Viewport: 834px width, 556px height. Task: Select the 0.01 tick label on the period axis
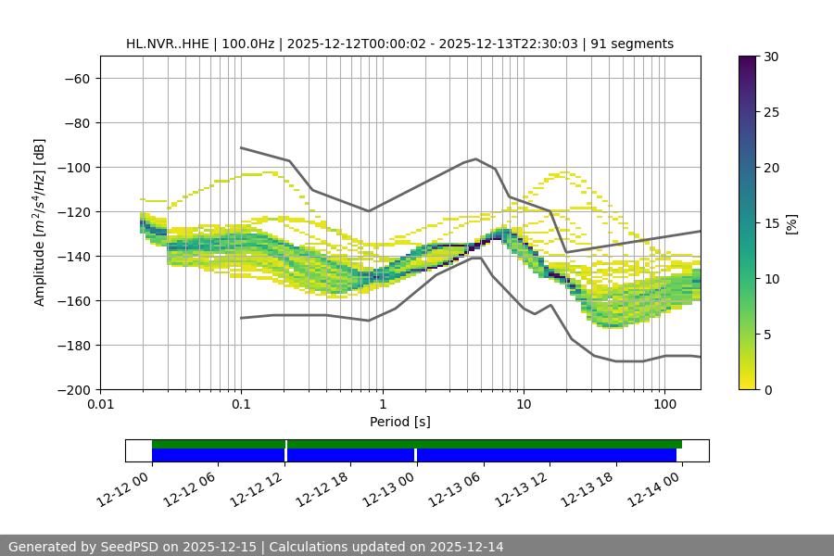[x=100, y=405]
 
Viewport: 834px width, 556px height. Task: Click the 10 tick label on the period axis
[x=524, y=405]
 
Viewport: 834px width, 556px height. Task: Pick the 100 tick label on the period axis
[x=664, y=405]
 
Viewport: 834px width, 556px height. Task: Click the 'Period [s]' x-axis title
[x=399, y=422]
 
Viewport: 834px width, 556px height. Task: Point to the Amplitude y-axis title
[x=39, y=222]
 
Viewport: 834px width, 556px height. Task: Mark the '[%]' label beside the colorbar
[x=791, y=223]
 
